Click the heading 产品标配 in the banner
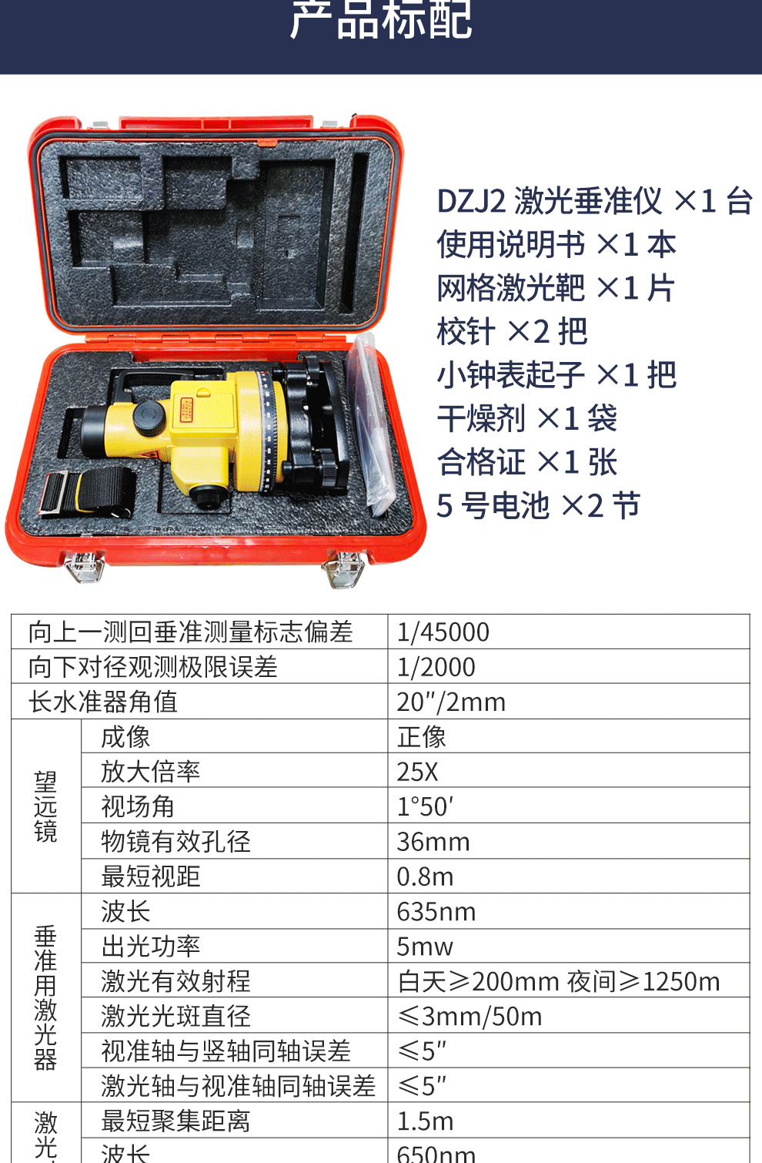tap(381, 20)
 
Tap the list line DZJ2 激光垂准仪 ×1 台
tap(594, 202)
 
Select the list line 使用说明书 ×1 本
tap(556, 245)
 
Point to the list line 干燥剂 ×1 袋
tap(527, 419)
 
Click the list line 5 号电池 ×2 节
tap(538, 506)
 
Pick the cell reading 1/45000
tap(443, 632)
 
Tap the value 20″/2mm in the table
tap(451, 702)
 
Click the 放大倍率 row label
tap(151, 772)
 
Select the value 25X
tap(418, 772)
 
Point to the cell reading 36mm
tap(433, 842)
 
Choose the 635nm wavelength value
tap(436, 912)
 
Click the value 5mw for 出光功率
tap(425, 947)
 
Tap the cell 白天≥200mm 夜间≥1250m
tap(559, 981)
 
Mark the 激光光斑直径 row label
tap(175, 1017)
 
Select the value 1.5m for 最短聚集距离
tap(425, 1121)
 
